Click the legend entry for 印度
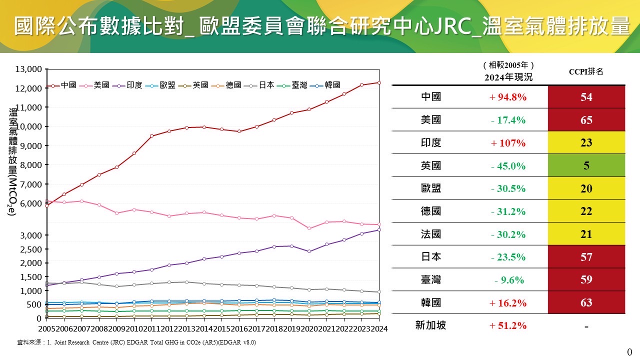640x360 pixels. [127, 85]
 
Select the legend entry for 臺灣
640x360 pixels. [292, 85]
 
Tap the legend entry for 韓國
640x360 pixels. [325, 85]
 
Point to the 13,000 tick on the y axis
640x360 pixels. [28, 69]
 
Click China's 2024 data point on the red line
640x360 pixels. [379, 83]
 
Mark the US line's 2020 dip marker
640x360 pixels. [309, 228]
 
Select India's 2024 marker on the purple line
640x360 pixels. [379, 229]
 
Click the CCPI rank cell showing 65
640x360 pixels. [586, 119]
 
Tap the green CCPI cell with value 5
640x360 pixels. [586, 165]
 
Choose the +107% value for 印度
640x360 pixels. [508, 143]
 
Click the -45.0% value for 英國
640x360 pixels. [508, 165]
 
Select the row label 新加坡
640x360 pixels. [430, 325]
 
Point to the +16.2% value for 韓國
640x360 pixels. [508, 303]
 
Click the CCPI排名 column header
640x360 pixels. [586, 71]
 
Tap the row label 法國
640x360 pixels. [431, 234]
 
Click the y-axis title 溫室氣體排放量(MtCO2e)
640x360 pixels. [12, 161]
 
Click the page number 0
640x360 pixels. [629, 352]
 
